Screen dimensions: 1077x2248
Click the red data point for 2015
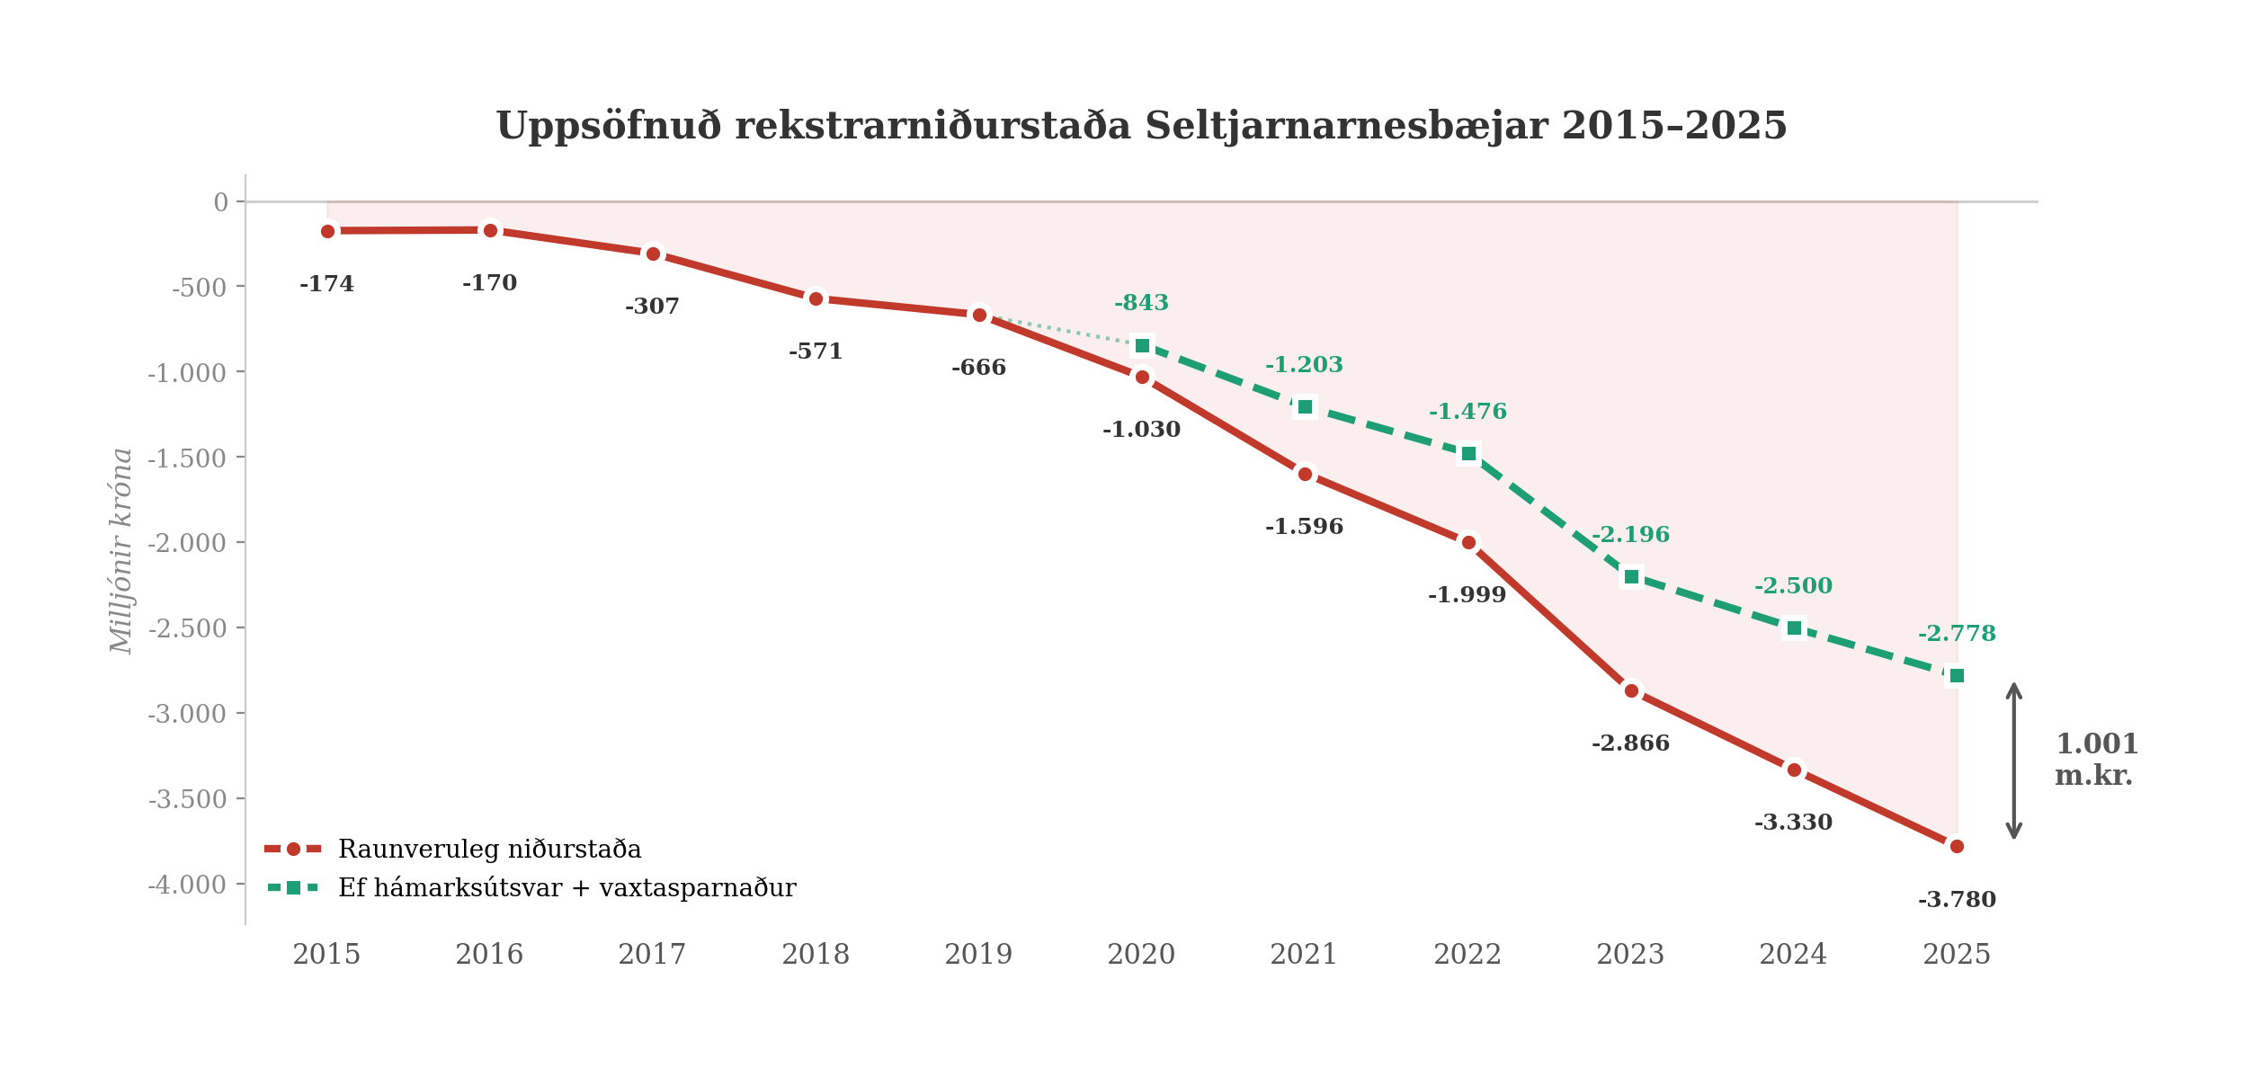pos(327,231)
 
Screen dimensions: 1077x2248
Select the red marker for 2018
pos(816,298)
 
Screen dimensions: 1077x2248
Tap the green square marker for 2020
pos(1142,346)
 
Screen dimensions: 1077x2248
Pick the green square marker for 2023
pos(1631,577)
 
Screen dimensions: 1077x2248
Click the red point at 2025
pos(1957,847)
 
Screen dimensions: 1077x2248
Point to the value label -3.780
pos(1957,900)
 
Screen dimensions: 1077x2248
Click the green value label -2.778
pos(1957,634)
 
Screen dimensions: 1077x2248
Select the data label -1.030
pos(1141,430)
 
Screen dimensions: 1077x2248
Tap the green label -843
pos(1141,303)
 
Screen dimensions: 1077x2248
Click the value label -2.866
pos(1630,743)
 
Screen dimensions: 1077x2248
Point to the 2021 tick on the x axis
pos(1304,954)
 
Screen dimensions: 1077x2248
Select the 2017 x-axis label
pos(652,954)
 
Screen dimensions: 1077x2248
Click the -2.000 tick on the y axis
pos(187,543)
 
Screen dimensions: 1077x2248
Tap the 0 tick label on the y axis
pos(221,202)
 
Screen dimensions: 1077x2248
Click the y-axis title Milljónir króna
pos(121,550)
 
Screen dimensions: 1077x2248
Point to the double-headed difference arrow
pos(2014,761)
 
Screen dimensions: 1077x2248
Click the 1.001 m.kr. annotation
pos(2095,760)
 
